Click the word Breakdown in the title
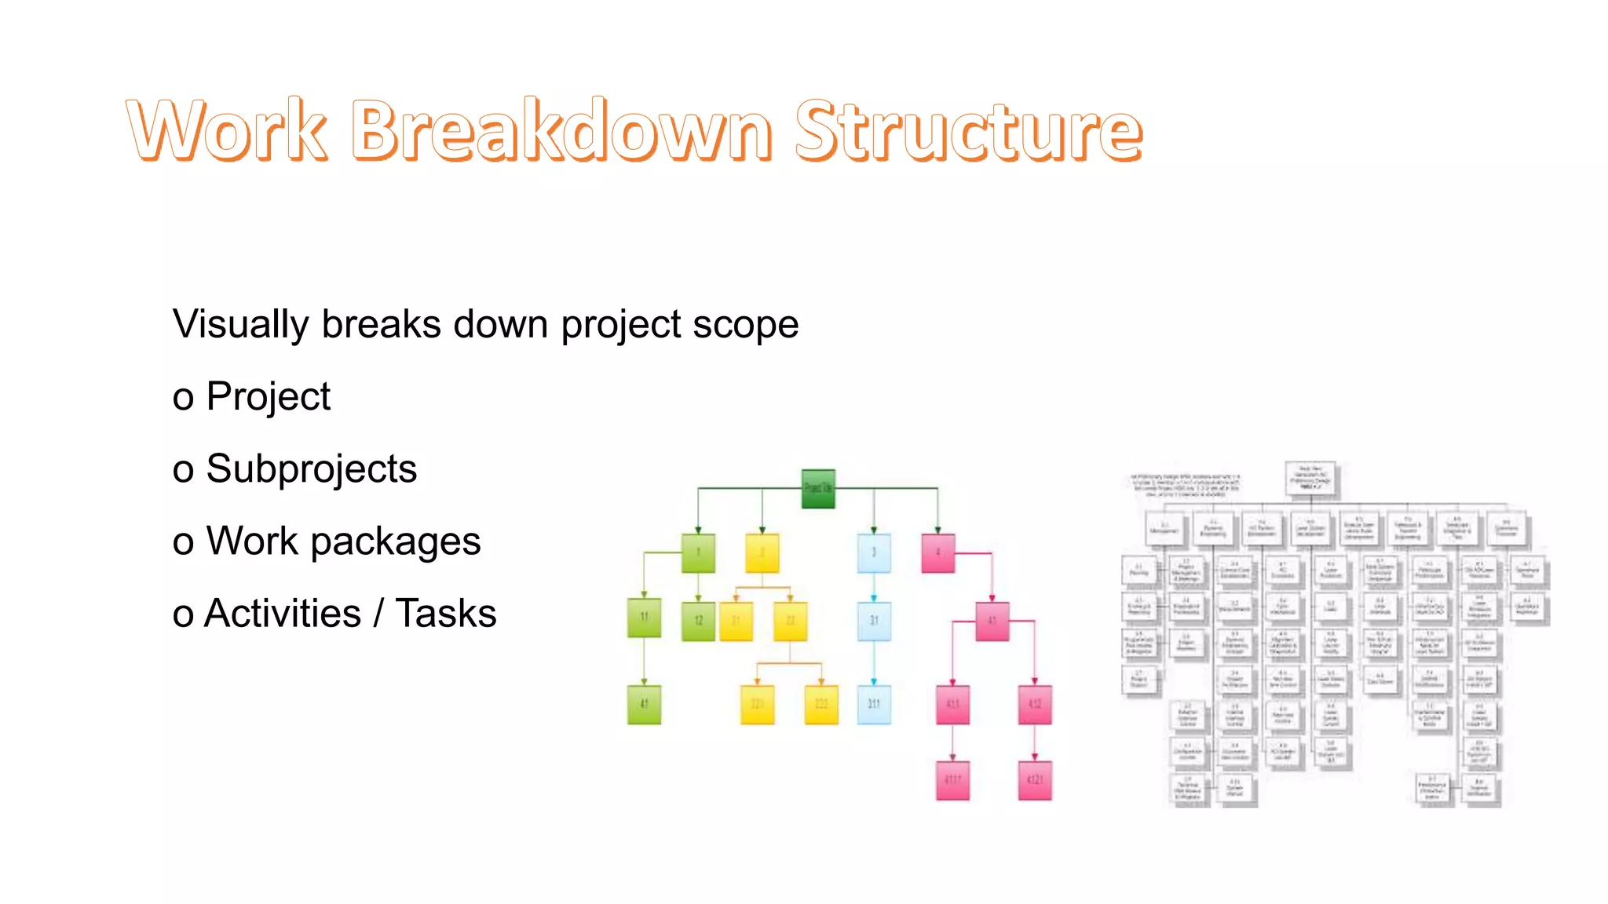[561, 130]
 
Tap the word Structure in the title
[969, 130]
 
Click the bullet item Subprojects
[311, 468]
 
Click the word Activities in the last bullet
[283, 613]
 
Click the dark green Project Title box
[818, 488]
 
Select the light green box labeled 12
[698, 621]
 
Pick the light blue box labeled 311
[874, 704]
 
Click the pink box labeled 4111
[952, 780]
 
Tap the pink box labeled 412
[1034, 704]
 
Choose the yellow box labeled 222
[821, 704]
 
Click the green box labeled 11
[644, 618]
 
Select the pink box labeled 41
[992, 621]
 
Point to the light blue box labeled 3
[874, 552]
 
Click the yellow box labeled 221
[757, 704]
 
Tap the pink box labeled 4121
[1034, 780]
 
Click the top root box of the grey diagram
[1310, 478]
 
